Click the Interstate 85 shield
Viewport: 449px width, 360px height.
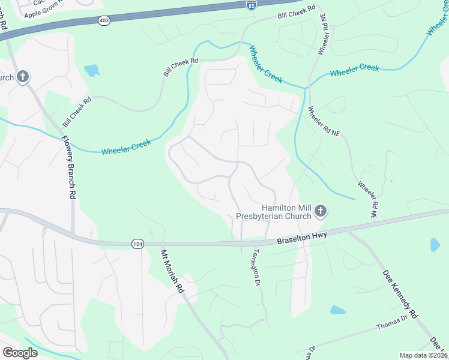point(251,5)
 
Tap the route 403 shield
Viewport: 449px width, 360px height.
point(104,20)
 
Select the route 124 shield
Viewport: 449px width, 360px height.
point(137,243)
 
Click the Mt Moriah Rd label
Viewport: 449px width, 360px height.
point(172,271)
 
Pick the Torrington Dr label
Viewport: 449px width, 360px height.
point(256,267)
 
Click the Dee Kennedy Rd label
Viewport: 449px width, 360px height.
point(400,293)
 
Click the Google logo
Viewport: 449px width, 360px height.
point(20,353)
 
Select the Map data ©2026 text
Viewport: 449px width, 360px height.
point(423,355)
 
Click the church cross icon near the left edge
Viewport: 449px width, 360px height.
point(22,77)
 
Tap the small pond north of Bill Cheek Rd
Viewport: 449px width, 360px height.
point(92,71)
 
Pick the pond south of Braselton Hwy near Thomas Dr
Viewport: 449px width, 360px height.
point(338,310)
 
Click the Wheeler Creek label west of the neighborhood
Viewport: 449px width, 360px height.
point(125,147)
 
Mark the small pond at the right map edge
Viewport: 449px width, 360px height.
point(435,245)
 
